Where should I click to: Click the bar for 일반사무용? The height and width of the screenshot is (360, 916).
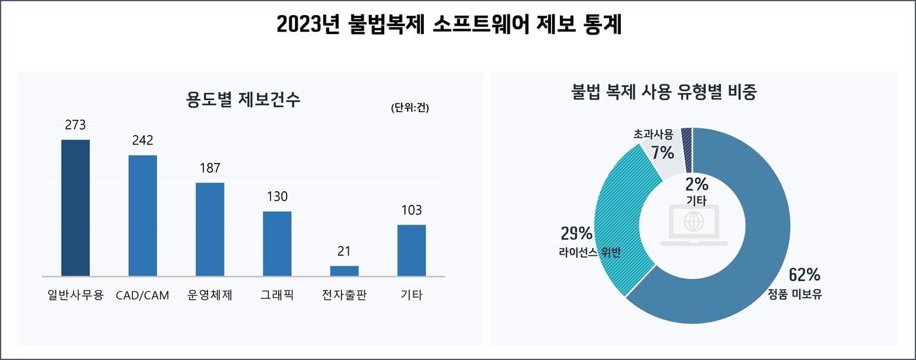[x=75, y=207]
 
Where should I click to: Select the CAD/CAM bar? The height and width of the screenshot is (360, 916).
[x=143, y=215]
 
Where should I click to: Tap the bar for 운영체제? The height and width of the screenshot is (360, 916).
[x=210, y=229]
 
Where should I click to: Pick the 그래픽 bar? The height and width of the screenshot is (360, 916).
[x=277, y=243]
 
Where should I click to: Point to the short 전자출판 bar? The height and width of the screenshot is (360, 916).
[x=344, y=271]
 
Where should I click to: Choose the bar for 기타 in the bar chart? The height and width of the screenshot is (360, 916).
[x=412, y=250]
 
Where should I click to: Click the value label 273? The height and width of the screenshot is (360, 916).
[x=75, y=125]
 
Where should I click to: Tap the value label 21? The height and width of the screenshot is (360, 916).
[x=344, y=251]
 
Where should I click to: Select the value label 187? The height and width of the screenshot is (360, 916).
[x=210, y=168]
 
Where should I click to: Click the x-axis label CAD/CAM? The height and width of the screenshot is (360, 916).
[x=142, y=295]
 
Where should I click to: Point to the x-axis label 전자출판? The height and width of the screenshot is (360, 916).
[x=344, y=295]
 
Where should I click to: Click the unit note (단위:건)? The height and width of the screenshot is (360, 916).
[x=410, y=108]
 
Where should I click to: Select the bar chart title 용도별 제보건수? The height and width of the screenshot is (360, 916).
[x=243, y=100]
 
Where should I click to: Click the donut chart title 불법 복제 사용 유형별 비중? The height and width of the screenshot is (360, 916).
[x=664, y=92]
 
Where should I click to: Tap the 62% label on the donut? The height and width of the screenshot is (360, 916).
[x=804, y=275]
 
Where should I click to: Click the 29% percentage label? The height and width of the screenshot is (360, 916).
[x=576, y=233]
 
